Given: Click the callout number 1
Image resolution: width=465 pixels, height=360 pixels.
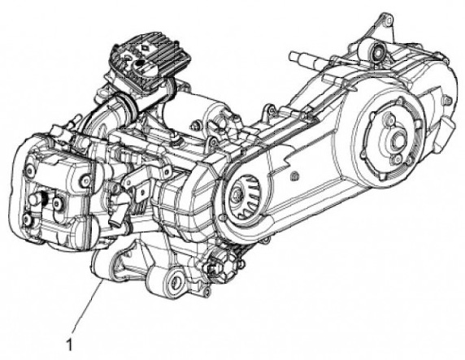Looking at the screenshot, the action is pyautogui.click(x=69, y=345).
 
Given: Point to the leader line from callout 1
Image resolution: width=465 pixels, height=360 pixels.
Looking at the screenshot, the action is pyautogui.click(x=88, y=306).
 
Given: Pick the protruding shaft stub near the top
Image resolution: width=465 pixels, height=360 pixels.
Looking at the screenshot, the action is pyautogui.click(x=306, y=59).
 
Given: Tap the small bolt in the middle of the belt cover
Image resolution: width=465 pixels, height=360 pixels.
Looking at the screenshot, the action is pyautogui.click(x=294, y=176).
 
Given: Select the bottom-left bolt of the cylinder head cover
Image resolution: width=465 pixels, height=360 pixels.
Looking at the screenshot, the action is pyautogui.click(x=27, y=219).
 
